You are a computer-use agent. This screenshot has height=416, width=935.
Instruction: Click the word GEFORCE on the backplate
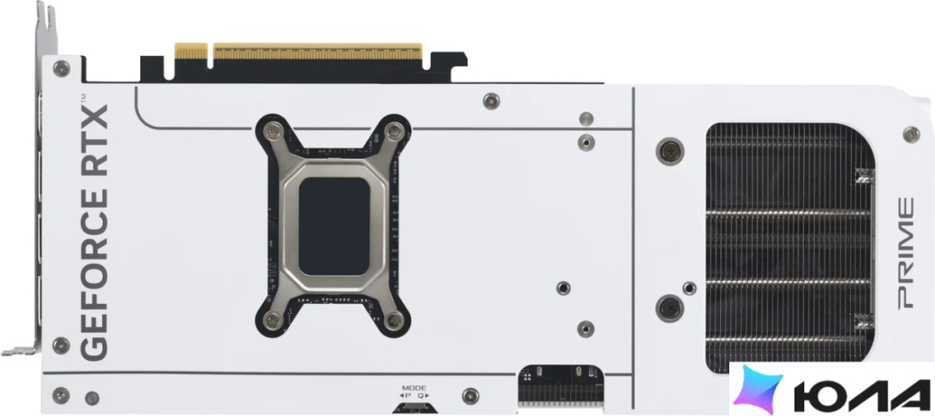[93, 254]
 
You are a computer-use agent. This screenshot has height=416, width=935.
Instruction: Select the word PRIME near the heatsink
[905, 253]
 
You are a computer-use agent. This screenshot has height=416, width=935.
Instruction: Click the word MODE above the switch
[414, 388]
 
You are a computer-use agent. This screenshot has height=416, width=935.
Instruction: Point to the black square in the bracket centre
[333, 226]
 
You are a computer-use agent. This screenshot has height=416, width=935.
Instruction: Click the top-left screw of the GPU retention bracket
[273, 129]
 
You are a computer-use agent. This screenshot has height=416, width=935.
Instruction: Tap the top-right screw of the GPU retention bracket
[393, 129]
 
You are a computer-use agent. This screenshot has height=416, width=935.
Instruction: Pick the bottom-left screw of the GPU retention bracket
[273, 321]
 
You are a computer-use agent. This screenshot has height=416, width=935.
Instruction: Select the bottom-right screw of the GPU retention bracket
[393, 321]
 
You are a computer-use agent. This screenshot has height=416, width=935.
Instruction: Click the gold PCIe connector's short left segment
[190, 51]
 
